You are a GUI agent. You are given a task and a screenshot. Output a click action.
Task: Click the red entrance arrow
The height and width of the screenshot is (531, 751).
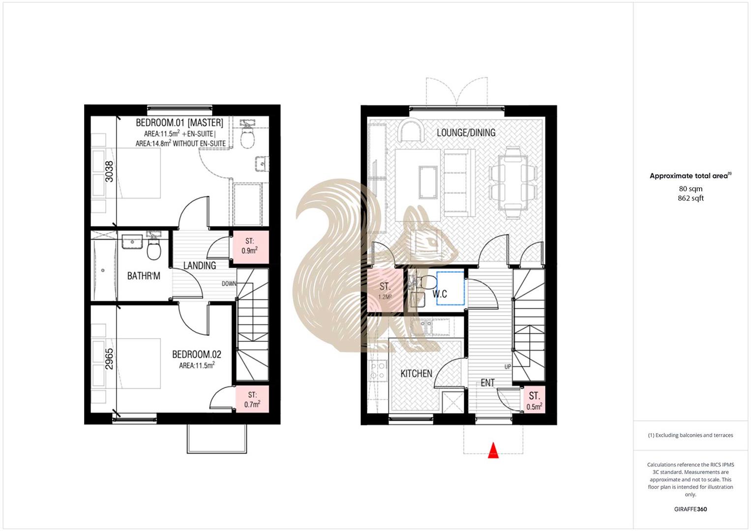point(493,451)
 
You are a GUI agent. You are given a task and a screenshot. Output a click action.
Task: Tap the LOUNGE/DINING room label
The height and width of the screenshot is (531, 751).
point(466,133)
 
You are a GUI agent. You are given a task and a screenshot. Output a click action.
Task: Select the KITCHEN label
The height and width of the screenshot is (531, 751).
point(416,374)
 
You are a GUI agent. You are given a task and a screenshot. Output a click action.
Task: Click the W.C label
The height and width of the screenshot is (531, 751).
point(440,294)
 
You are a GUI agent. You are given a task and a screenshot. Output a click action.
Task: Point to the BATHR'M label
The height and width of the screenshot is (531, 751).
point(144,276)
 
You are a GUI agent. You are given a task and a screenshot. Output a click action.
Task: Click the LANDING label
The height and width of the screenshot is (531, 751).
point(199,265)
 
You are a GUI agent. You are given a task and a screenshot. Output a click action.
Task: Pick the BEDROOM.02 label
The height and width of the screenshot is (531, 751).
point(196,354)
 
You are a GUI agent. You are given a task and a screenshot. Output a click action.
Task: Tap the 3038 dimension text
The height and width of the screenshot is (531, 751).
point(109,172)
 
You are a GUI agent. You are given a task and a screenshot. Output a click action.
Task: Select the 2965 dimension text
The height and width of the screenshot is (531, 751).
point(109,359)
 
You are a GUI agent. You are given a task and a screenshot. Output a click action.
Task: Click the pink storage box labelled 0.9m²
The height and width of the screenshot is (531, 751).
point(250,246)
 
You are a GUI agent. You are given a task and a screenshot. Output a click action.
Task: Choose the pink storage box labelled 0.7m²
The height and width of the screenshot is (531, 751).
point(252,400)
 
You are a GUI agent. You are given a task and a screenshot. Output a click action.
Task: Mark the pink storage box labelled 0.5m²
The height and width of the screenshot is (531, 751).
point(534,401)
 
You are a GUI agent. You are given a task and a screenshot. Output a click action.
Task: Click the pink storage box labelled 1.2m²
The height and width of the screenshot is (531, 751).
point(385,291)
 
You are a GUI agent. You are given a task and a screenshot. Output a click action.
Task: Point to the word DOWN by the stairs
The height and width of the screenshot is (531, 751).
point(229,284)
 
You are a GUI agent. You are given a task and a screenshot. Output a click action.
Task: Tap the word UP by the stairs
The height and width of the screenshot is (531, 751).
point(508,367)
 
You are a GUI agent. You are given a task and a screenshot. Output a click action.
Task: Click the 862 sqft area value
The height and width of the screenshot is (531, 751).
point(691,198)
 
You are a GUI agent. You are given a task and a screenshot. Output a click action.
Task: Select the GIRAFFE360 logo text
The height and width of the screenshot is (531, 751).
point(690,509)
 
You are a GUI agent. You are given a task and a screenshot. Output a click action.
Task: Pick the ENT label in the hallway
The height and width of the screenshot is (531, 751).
point(487,383)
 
